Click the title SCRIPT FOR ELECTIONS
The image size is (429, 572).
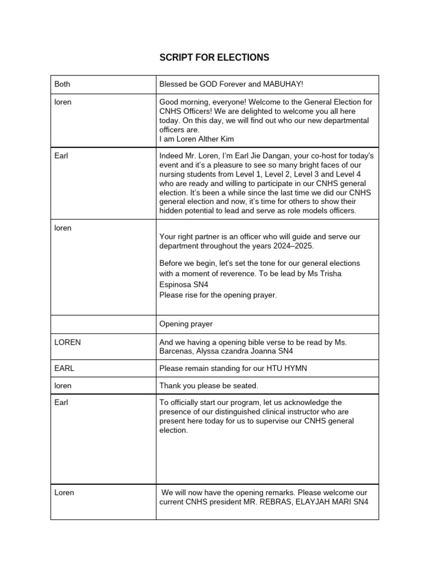(214, 58)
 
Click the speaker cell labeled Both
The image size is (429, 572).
(62, 84)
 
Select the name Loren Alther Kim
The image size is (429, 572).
(198, 138)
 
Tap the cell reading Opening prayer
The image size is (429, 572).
(186, 324)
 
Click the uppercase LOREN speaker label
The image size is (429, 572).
(68, 342)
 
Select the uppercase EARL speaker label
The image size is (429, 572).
(64, 369)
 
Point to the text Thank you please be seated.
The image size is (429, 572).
(209, 386)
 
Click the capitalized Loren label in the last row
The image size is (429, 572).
(64, 493)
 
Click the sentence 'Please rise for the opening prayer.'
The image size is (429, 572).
(218, 295)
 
